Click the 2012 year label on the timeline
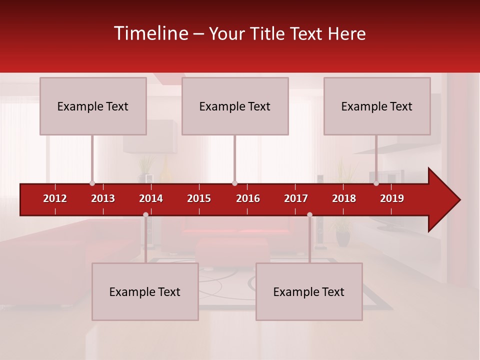coord(55,198)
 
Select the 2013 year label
coord(103,198)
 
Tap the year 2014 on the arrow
coord(151,198)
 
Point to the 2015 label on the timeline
coord(199,198)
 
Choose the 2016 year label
coord(248,198)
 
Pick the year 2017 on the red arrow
coord(296,198)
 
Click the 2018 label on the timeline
coord(344,198)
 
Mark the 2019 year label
coord(392,198)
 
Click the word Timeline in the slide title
coord(150,33)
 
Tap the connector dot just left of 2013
coord(92,183)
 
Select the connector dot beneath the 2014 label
coord(145,215)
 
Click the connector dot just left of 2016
coord(234,183)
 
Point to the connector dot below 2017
coord(309,215)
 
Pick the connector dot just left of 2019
coord(376,183)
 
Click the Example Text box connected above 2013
coord(93,106)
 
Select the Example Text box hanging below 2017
coord(309,291)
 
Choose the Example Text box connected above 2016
coord(235,106)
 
